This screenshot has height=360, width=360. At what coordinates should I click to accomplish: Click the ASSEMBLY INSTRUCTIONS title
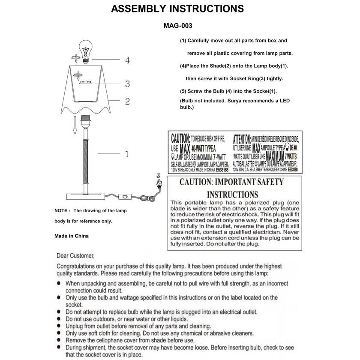(177, 9)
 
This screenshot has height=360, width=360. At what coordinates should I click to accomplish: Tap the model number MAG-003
(177, 25)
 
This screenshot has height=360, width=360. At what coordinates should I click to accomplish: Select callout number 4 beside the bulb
(127, 60)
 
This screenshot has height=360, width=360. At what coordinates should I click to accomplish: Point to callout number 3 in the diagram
(127, 84)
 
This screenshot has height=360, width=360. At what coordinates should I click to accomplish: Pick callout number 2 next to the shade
(127, 102)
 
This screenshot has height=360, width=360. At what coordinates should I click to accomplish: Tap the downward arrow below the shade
(74, 126)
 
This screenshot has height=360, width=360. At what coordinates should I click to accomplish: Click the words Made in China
(72, 236)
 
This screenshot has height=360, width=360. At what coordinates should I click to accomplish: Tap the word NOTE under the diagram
(60, 211)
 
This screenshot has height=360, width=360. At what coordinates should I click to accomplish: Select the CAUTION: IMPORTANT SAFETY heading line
(231, 182)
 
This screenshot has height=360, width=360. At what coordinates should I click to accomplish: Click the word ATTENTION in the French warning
(242, 139)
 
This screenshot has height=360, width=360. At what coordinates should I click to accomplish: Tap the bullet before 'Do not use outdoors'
(59, 319)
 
